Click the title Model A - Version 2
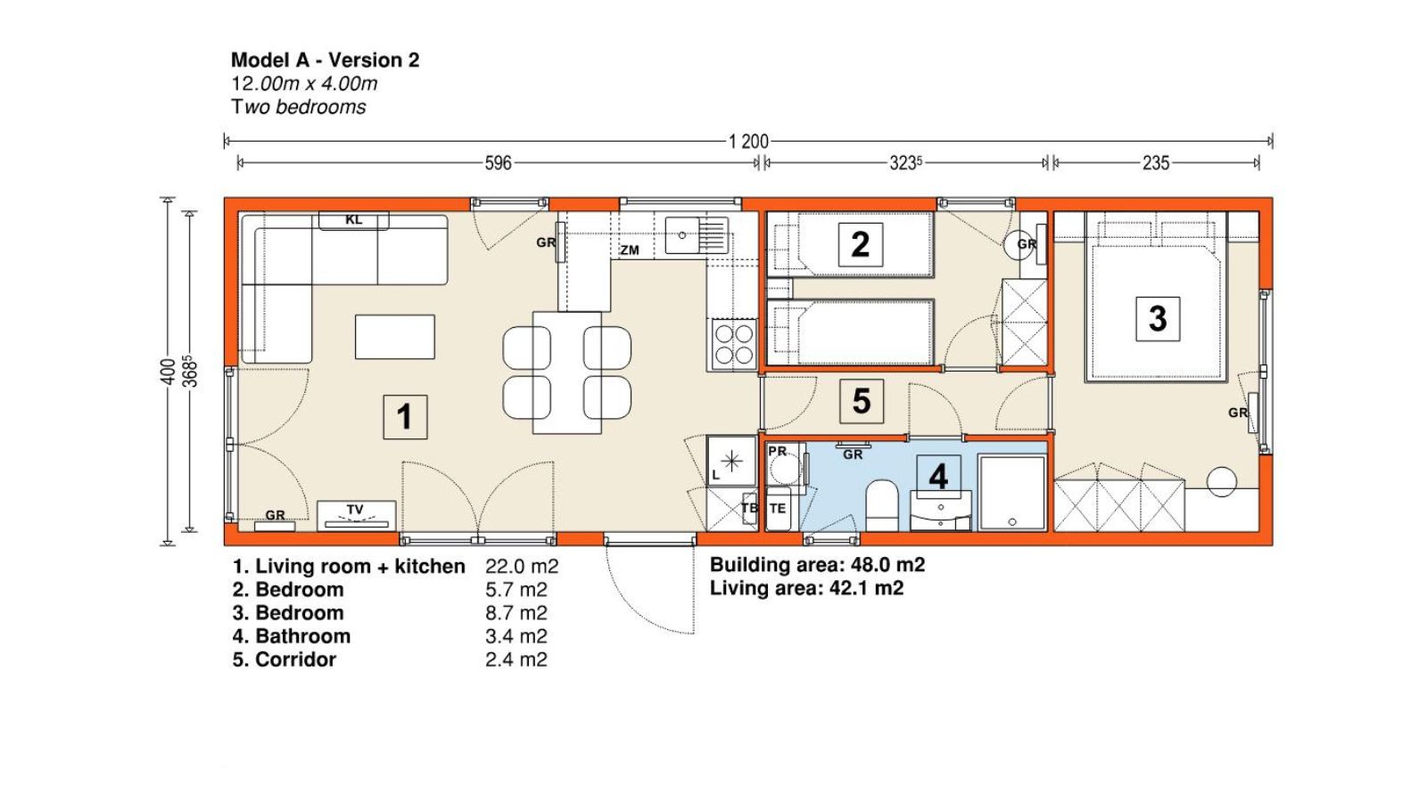click(x=325, y=61)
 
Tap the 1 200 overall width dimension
click(x=748, y=142)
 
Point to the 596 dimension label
click(x=499, y=164)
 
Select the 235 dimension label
click(x=1156, y=164)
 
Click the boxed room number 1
click(x=405, y=417)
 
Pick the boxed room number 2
click(x=860, y=244)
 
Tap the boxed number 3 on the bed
click(x=1158, y=318)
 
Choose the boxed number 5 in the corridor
click(x=862, y=401)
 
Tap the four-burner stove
click(x=733, y=344)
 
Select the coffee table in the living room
click(x=395, y=337)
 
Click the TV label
click(x=355, y=509)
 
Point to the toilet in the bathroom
click(x=882, y=505)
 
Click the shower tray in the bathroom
click(x=1012, y=492)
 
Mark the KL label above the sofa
click(x=353, y=220)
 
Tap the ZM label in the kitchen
click(x=630, y=250)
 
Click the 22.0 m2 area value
click(x=522, y=567)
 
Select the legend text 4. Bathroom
click(x=291, y=636)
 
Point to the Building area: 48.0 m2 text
click(x=817, y=565)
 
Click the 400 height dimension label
click(x=168, y=372)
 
